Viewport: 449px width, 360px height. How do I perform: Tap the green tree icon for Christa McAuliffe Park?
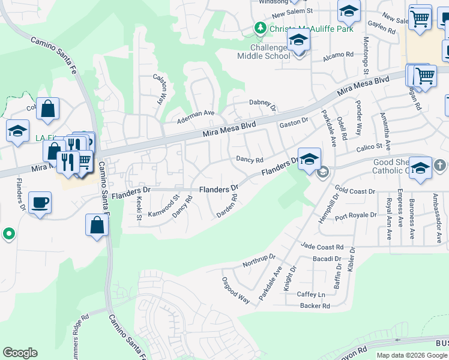[x=260, y=28]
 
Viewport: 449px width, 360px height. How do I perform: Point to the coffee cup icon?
[x=40, y=202]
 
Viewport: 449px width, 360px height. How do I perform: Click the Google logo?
[x=20, y=353]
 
